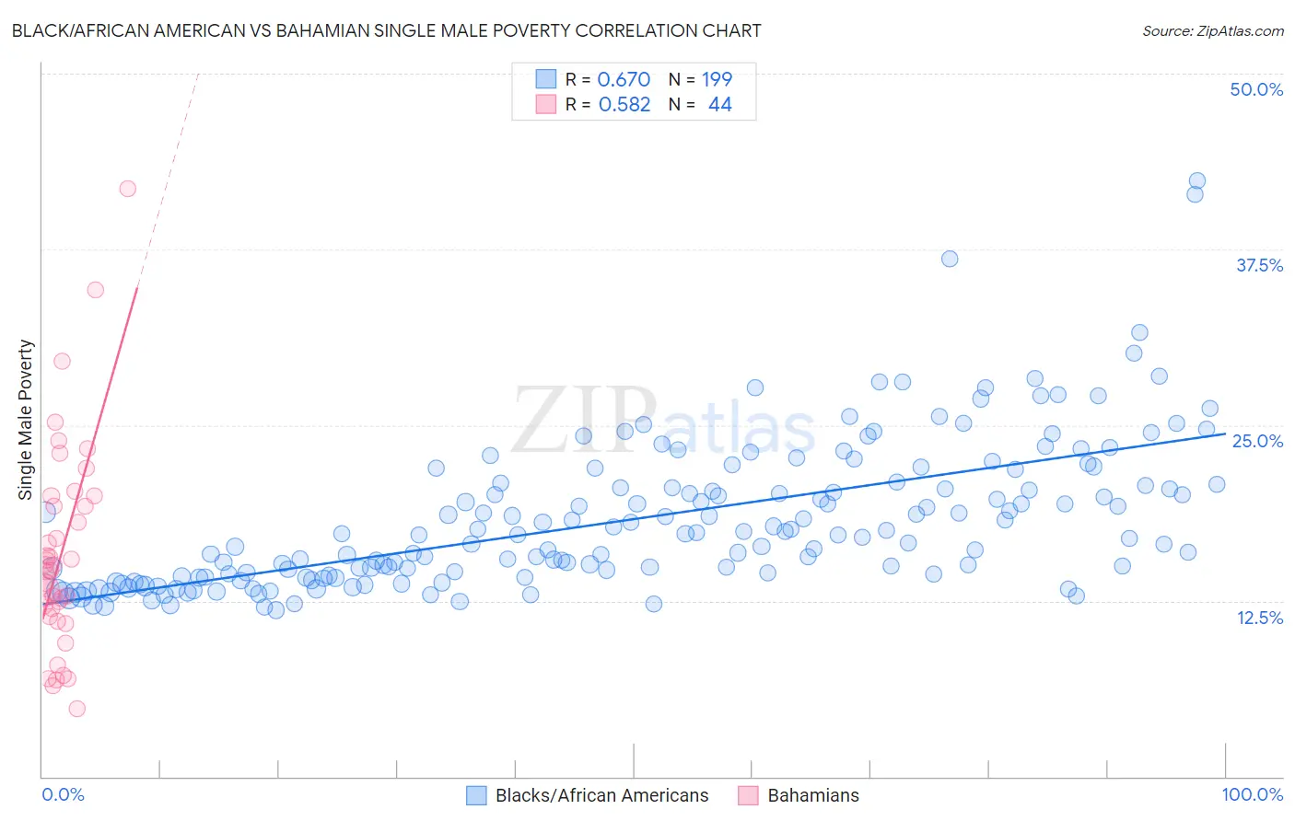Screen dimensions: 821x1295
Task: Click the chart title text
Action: (386, 30)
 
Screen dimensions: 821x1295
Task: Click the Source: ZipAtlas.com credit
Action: (1212, 30)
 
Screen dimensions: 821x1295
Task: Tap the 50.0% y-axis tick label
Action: (1255, 89)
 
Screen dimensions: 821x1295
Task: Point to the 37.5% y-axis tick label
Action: (1258, 265)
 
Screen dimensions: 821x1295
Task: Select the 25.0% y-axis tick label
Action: (1256, 441)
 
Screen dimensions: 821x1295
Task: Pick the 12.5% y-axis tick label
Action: (1258, 618)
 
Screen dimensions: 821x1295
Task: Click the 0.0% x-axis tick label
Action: (63, 794)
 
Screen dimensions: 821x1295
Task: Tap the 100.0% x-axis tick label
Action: (1252, 794)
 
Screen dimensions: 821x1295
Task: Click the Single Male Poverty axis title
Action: (26, 420)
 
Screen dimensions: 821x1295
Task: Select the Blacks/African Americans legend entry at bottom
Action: (601, 795)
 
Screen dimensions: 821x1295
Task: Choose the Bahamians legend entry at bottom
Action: (812, 795)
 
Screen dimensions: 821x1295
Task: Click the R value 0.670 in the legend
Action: (624, 79)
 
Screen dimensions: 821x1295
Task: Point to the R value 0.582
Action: (624, 105)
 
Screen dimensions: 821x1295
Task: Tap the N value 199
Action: (717, 79)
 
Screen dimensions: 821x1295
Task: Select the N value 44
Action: (719, 105)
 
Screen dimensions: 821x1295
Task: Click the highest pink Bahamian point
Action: (128, 189)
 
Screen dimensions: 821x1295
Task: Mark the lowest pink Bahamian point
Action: (77, 709)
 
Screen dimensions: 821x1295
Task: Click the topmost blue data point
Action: (1196, 181)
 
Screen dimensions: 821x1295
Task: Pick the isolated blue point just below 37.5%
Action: (950, 259)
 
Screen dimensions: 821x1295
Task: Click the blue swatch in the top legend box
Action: (546, 79)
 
